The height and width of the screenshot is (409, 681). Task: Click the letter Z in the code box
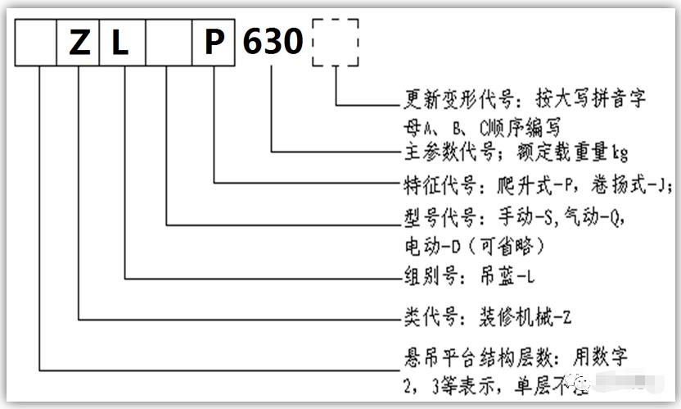[79, 42]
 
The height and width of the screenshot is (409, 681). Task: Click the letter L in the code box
[121, 42]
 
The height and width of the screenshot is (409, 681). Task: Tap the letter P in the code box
[214, 42]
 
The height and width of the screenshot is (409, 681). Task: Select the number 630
[273, 42]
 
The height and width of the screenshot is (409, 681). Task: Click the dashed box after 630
[335, 42]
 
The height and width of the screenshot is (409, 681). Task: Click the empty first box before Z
[38, 42]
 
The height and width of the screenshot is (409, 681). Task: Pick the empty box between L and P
[168, 42]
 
